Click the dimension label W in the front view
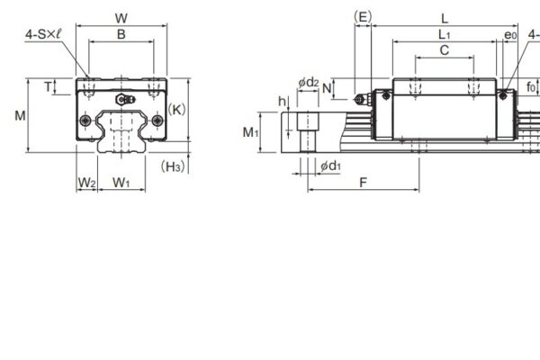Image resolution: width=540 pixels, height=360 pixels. pyautogui.click(x=121, y=17)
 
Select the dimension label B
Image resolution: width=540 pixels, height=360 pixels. pyautogui.click(x=121, y=34)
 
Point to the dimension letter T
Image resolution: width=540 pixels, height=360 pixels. pyautogui.click(x=47, y=86)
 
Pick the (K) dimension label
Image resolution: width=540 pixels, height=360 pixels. pyautogui.click(x=176, y=110)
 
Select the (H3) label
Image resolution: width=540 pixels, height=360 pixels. pyautogui.click(x=173, y=166)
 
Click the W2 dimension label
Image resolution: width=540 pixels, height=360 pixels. pyautogui.click(x=85, y=183)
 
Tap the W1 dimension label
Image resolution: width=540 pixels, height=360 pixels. pyautogui.click(x=121, y=183)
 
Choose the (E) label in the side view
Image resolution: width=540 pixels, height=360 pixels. pyautogui.click(x=362, y=17)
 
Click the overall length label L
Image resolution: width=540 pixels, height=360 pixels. pyautogui.click(x=445, y=17)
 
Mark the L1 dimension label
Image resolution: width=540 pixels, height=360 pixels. pyautogui.click(x=445, y=34)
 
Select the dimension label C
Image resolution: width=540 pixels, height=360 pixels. pyautogui.click(x=445, y=51)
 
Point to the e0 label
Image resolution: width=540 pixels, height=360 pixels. pyautogui.click(x=510, y=35)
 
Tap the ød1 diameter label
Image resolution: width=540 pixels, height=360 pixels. pyautogui.click(x=329, y=166)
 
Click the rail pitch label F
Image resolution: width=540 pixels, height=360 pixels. pyautogui.click(x=363, y=183)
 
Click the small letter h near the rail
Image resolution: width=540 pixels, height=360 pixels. pyautogui.click(x=282, y=101)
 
